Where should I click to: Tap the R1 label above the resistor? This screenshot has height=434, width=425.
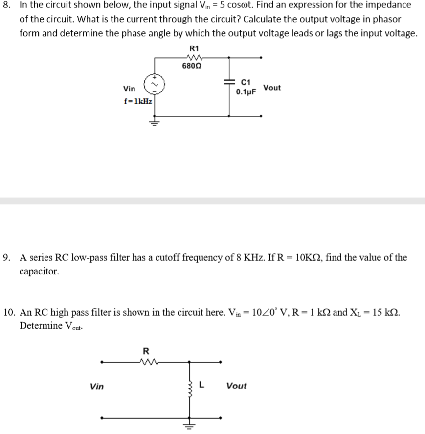click(194, 48)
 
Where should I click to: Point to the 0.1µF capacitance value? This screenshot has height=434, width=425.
click(246, 91)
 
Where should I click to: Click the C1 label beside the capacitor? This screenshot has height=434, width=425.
click(246, 82)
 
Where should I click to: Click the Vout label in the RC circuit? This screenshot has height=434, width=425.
click(272, 88)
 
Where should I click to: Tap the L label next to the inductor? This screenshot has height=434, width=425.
click(201, 385)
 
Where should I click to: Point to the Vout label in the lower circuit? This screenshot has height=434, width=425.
click(237, 386)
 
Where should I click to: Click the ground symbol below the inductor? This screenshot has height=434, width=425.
click(189, 425)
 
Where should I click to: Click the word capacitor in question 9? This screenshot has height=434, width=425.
click(39, 271)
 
